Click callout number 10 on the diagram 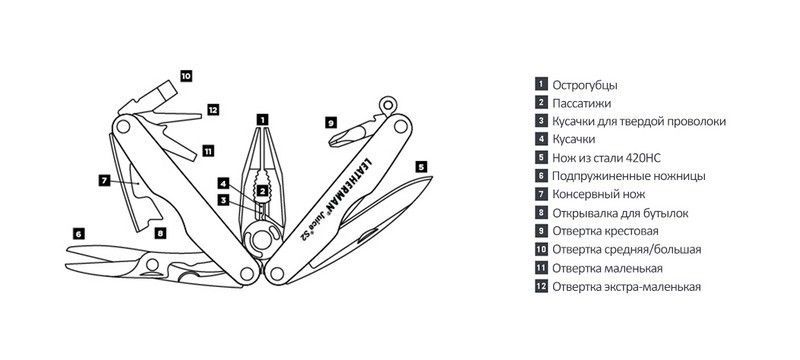click(186, 76)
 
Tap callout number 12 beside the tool click(213, 109)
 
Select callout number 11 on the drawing click(208, 150)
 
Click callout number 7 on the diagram click(104, 180)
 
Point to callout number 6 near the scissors click(78, 234)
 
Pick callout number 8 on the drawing click(160, 234)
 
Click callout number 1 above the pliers click(262, 120)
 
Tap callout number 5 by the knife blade click(420, 167)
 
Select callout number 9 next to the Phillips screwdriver click(331, 122)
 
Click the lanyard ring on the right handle click(388, 105)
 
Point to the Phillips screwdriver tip click(337, 139)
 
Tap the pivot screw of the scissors click(152, 264)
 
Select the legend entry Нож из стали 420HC click(607, 158)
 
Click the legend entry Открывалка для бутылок click(620, 213)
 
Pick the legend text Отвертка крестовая click(606, 231)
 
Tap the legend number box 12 click(541, 286)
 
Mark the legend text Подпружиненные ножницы click(629, 176)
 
